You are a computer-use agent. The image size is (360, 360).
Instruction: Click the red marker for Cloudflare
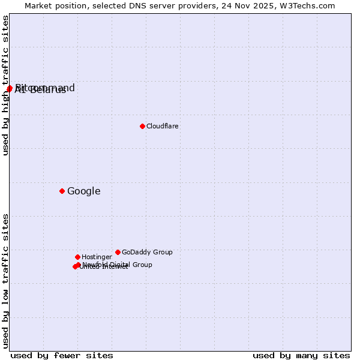tap(142, 126)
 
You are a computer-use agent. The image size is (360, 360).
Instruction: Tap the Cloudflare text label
tap(163, 126)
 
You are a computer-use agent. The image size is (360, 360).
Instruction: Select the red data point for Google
tap(62, 191)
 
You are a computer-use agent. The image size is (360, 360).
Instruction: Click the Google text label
tap(84, 191)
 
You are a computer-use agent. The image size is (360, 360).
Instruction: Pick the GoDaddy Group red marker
tap(118, 252)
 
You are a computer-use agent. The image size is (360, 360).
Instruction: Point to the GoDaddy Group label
tap(147, 252)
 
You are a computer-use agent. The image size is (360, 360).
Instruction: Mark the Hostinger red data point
tap(77, 257)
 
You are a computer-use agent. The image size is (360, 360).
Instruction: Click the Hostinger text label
tap(97, 257)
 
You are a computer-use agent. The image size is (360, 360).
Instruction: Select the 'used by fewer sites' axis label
tap(62, 355)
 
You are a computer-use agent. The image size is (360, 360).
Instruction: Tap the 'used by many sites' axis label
tap(301, 355)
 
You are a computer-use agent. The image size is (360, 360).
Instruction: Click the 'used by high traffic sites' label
tap(6, 86)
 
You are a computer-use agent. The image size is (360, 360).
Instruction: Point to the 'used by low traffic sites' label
tap(6, 280)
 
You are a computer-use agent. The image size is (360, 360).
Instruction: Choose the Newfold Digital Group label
tap(118, 265)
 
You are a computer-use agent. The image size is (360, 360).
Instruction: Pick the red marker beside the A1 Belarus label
tap(9, 89)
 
